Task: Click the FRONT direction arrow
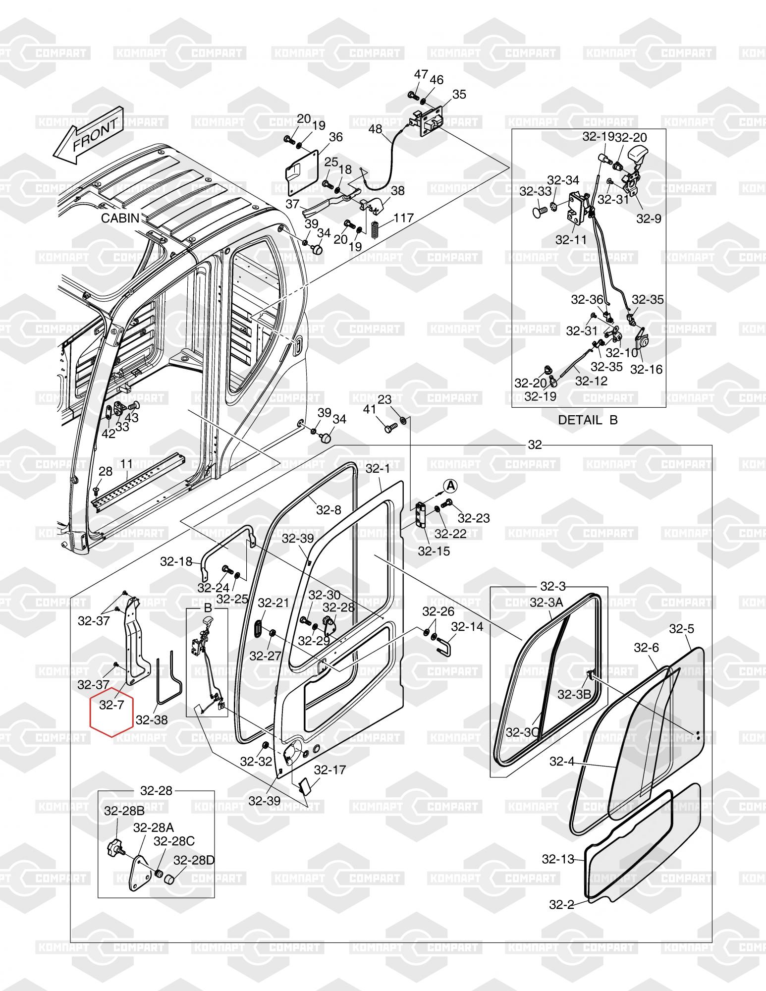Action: point(88,135)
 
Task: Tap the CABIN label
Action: point(120,218)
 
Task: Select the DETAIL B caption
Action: point(588,420)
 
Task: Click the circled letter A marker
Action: point(450,486)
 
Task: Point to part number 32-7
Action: point(111,705)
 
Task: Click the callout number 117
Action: point(404,218)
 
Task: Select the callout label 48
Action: point(376,129)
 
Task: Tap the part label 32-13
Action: point(558,859)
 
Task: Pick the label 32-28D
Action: point(194,860)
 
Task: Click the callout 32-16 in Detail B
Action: point(646,369)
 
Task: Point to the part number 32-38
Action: point(152,720)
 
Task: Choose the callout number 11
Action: point(126,464)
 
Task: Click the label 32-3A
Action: point(547,602)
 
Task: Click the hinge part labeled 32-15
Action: point(421,516)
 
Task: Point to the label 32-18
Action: point(176,561)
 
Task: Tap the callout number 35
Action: point(459,94)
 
